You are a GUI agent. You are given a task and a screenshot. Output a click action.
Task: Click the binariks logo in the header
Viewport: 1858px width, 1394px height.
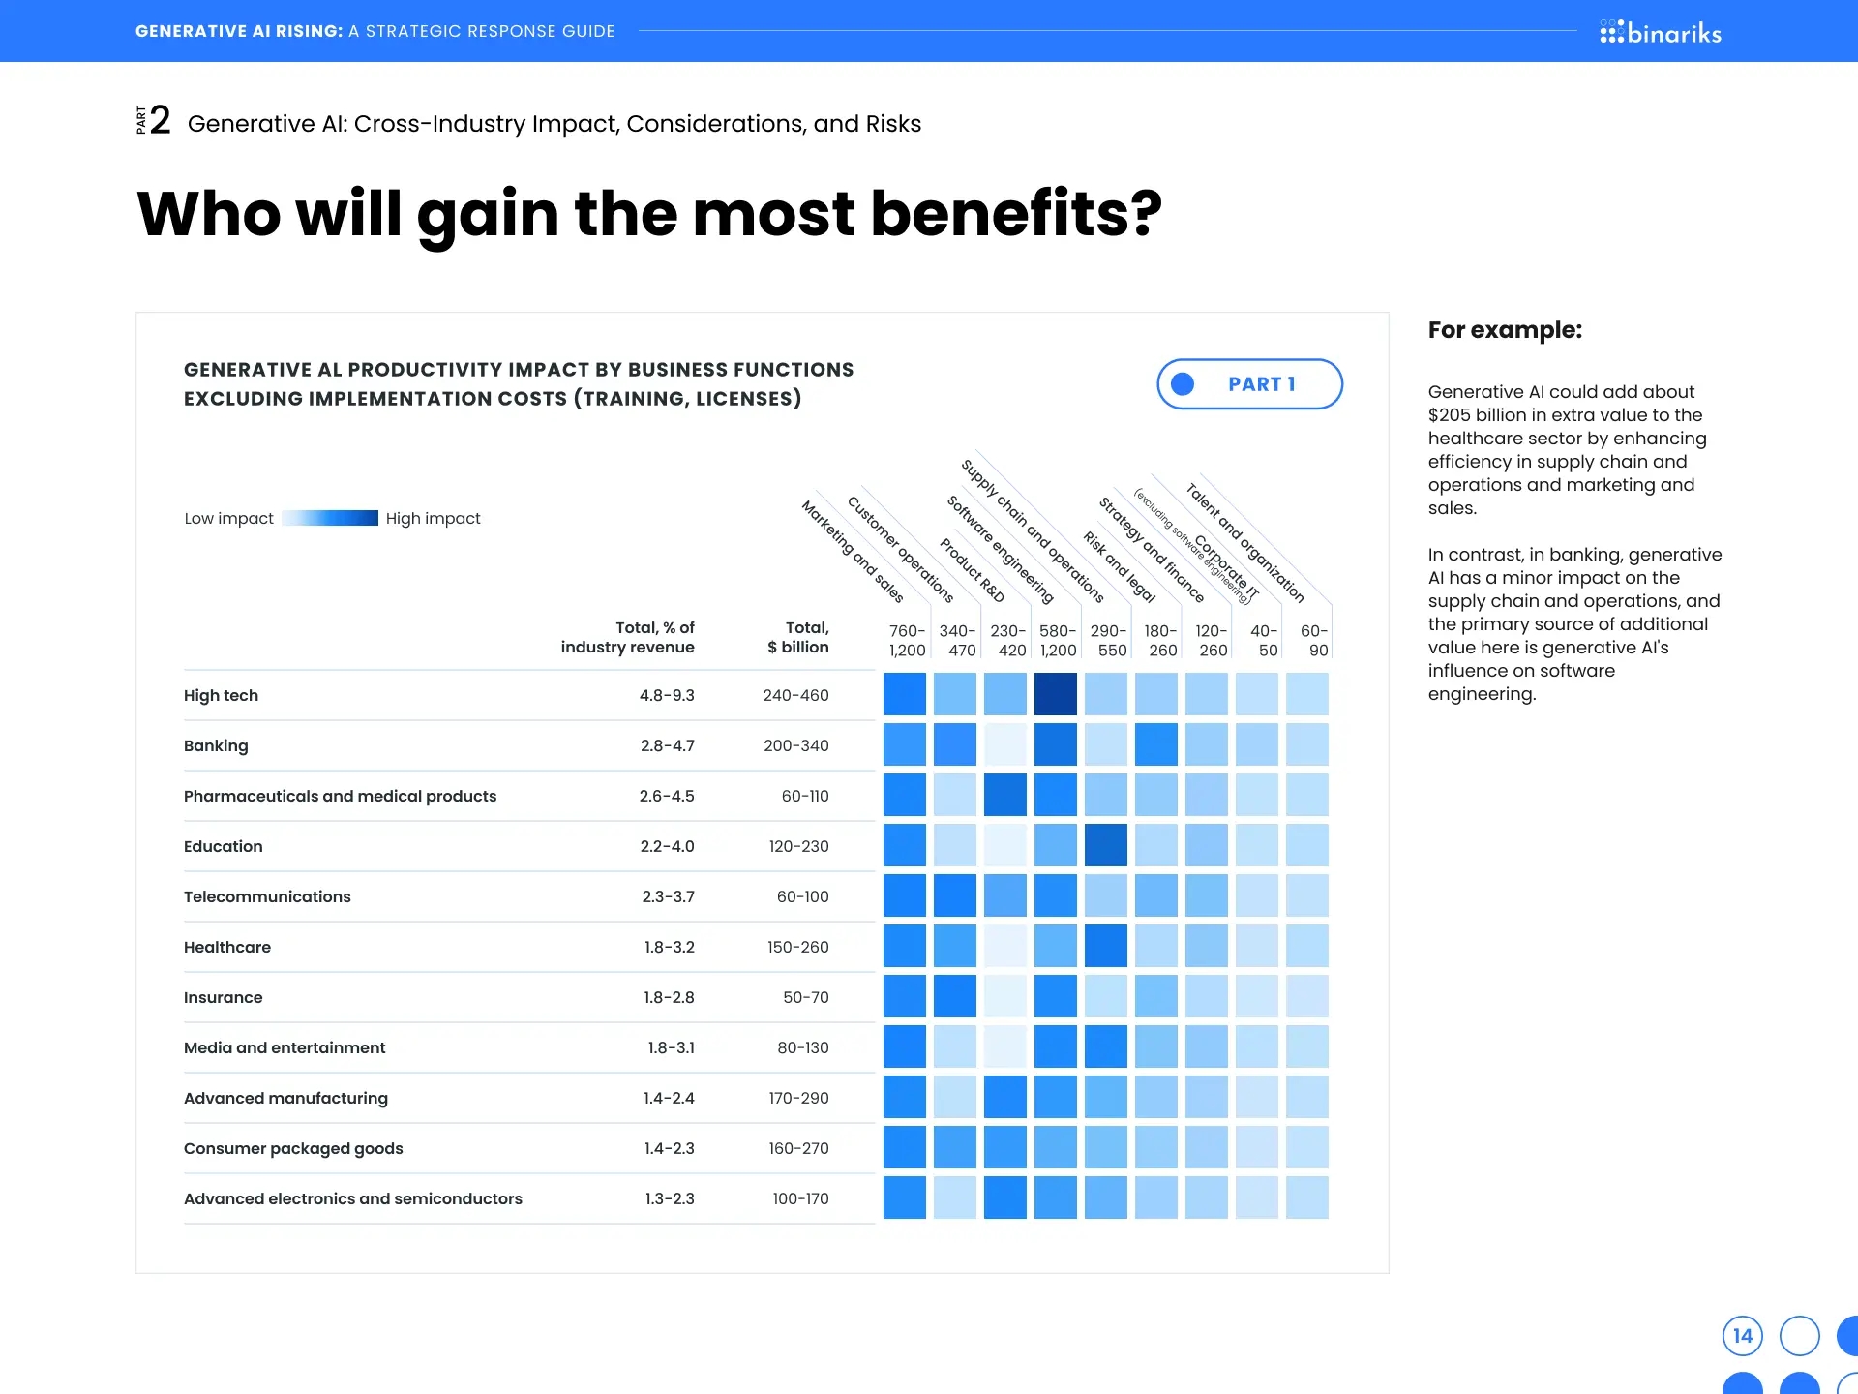(x=1661, y=33)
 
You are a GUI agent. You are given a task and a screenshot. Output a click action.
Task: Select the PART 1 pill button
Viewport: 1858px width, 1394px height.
(x=1249, y=384)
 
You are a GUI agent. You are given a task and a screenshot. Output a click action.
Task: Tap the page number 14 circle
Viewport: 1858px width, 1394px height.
(x=1742, y=1336)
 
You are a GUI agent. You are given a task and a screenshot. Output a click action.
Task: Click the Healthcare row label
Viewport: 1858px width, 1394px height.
(x=227, y=947)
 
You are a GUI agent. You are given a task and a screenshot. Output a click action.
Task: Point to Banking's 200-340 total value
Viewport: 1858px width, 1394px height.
(x=795, y=745)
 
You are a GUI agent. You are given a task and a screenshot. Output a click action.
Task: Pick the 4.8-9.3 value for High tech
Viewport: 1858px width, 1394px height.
(x=667, y=695)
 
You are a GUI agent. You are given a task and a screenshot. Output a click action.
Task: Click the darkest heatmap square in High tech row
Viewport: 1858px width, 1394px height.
(x=1055, y=694)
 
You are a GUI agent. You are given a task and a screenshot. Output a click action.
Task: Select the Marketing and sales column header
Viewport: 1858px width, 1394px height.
(x=853, y=551)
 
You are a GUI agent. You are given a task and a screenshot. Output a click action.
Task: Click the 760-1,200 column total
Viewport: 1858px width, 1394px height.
(x=908, y=640)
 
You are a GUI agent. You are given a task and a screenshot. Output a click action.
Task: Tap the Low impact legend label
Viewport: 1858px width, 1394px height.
(x=229, y=518)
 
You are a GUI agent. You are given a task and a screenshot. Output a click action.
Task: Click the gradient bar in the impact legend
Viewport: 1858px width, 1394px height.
(x=330, y=518)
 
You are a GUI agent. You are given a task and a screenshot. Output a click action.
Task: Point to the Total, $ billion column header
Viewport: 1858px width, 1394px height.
(x=798, y=637)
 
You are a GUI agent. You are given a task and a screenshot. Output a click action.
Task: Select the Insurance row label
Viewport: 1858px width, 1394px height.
(x=224, y=997)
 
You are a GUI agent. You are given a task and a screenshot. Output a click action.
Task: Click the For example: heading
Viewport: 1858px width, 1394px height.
(x=1505, y=330)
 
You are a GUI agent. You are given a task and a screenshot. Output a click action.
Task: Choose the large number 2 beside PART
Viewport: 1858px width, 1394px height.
(x=161, y=121)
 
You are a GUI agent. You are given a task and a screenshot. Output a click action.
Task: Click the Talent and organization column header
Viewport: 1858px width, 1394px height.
(x=1245, y=542)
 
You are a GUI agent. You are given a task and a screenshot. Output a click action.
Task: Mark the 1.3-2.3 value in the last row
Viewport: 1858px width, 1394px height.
(x=670, y=1198)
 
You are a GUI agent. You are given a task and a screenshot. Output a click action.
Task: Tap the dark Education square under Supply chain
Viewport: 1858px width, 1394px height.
(x=1105, y=845)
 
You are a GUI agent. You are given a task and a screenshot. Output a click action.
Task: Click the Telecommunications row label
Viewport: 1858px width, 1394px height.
(x=267, y=896)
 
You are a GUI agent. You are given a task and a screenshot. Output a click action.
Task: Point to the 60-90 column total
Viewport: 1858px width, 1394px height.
(x=1313, y=640)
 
